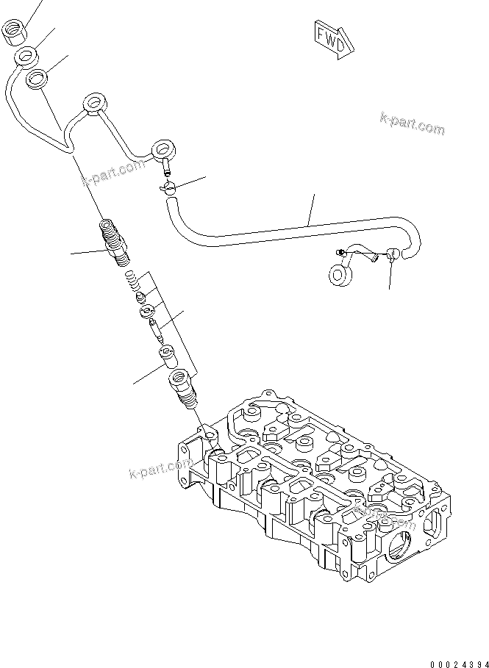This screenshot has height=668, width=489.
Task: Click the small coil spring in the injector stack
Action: pyautogui.click(x=132, y=281)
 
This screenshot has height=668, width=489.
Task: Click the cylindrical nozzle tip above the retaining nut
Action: pyautogui.click(x=168, y=357)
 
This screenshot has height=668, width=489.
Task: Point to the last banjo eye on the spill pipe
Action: pyautogui.click(x=161, y=151)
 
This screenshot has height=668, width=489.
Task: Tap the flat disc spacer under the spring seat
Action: pyautogui.click(x=146, y=309)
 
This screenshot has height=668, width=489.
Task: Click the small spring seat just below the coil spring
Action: pyautogui.click(x=140, y=296)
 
